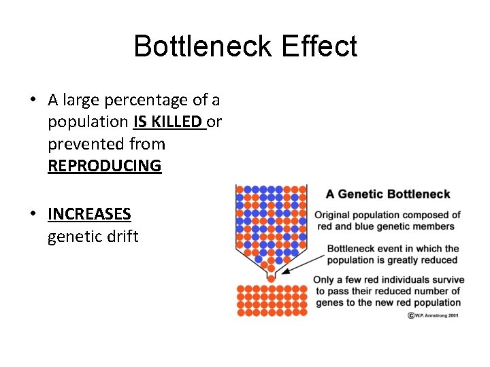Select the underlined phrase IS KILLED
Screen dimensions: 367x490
[x=169, y=122]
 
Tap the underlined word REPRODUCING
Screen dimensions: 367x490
[x=104, y=166]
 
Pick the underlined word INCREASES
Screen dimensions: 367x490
[x=89, y=214]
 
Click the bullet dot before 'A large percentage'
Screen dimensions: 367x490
[x=32, y=101]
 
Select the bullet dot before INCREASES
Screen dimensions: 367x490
[x=32, y=214]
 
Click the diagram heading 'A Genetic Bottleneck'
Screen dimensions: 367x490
[x=388, y=194]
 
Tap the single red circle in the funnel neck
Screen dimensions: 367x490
[x=271, y=278]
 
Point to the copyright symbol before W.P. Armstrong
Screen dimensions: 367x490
[x=411, y=315]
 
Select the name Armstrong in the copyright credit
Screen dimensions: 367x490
[x=436, y=315]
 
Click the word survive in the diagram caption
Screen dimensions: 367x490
[x=448, y=280]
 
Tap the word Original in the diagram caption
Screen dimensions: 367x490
[x=333, y=215]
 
